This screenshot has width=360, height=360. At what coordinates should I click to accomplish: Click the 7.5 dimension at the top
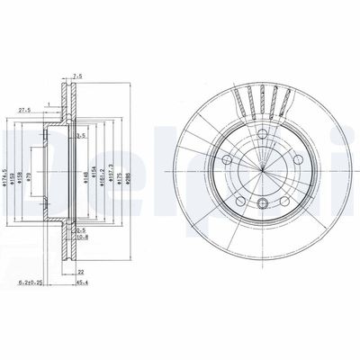(x=78, y=77)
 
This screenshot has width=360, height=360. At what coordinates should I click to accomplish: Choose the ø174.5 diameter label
(x=7, y=166)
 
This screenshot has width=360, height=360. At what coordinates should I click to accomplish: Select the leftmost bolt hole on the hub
(x=225, y=160)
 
